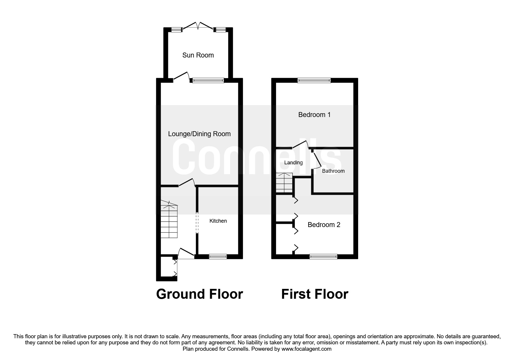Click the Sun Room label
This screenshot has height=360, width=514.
198,55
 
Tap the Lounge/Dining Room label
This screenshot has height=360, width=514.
199,134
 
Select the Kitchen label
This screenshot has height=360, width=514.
218,221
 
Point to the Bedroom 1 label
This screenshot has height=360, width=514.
314,115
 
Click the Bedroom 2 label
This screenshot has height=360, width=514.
324,225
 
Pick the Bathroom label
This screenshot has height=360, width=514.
333,171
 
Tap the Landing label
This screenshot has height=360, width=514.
293,163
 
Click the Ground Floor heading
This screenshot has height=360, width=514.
199,294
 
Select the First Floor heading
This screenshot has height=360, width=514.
315,294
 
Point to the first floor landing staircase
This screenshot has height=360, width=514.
284,183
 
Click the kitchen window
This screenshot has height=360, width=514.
218,256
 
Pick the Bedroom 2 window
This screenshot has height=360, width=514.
324,256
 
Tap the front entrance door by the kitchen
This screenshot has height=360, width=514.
186,253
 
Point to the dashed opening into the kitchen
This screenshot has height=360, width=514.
197,223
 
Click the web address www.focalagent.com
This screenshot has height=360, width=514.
306,349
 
